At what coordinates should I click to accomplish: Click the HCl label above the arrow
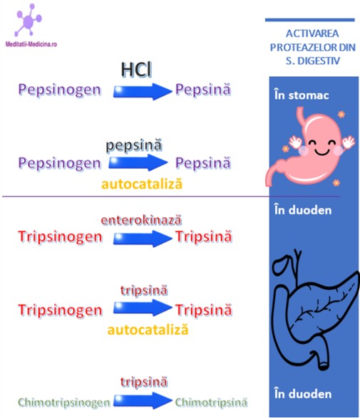[136, 70]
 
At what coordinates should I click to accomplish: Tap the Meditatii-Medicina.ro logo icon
[29, 20]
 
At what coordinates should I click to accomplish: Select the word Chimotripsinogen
[63, 402]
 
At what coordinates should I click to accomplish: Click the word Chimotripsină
[211, 402]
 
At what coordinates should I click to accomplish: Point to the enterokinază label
[141, 220]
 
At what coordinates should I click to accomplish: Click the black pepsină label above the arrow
[134, 145]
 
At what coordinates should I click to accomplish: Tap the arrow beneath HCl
[143, 92]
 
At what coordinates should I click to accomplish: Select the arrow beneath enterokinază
[143, 239]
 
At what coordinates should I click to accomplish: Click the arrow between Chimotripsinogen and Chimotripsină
[143, 400]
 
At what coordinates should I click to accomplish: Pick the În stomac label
[302, 95]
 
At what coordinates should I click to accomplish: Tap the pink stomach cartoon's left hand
[295, 142]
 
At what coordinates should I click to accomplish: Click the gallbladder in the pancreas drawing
[280, 263]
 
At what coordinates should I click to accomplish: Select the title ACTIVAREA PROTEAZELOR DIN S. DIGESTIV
[312, 47]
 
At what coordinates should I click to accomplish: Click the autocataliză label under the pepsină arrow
[142, 184]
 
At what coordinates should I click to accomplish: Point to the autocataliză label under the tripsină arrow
[148, 330]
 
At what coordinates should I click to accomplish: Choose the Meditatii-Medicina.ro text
[31, 44]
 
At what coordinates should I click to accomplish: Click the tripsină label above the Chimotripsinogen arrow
[144, 382]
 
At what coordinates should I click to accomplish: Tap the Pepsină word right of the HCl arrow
[203, 89]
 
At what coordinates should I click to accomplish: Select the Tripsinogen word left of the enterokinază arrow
[60, 237]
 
